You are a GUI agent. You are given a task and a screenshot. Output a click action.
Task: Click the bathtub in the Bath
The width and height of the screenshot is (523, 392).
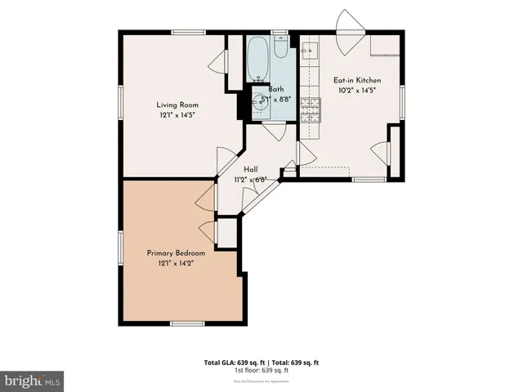[257, 56]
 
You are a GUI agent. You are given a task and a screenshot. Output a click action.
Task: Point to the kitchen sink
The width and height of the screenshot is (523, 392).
[310, 52]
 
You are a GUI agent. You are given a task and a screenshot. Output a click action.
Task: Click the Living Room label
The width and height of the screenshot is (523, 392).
[177, 104]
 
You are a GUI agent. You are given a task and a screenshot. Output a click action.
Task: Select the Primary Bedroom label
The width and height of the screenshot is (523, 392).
[176, 253]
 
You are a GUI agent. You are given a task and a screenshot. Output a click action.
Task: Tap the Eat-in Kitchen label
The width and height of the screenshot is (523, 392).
[356, 80]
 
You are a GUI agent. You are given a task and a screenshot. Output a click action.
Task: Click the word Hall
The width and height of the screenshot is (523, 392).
[252, 169]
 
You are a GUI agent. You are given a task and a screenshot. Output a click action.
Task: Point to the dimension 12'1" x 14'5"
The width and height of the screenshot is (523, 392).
[177, 115]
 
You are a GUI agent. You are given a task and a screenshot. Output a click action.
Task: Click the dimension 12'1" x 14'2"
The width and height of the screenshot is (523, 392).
[176, 263]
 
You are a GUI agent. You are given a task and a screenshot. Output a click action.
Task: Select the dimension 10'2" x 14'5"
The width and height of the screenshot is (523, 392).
[356, 91]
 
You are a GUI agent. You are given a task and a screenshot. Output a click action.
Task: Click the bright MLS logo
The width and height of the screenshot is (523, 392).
[32, 381]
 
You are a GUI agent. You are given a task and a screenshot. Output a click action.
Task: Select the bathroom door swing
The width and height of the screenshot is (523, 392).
[273, 132]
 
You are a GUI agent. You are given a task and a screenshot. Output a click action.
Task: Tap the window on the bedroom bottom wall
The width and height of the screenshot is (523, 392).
[186, 324]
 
